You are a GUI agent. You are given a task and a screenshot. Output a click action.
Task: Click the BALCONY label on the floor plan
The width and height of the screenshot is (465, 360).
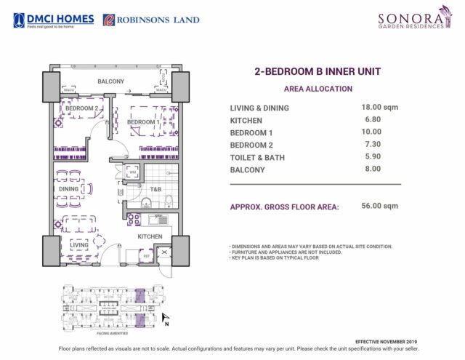click(110, 81)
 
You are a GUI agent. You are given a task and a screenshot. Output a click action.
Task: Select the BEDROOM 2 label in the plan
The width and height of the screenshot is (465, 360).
click(81, 109)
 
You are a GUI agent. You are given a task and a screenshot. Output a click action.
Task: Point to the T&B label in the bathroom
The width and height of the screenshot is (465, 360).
click(155, 189)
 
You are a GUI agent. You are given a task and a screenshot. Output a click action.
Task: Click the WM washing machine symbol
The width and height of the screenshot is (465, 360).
click(133, 172)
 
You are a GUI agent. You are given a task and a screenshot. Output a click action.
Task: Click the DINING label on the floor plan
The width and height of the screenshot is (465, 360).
click(68, 189)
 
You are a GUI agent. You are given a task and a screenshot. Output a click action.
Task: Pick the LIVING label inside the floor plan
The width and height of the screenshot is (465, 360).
click(78, 246)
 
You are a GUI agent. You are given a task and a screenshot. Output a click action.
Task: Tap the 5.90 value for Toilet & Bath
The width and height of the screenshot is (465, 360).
click(372, 156)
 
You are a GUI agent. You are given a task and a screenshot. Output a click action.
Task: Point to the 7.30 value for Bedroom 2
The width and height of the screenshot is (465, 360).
click(372, 144)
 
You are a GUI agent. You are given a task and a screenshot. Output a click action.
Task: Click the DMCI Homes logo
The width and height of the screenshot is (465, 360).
click(54, 19)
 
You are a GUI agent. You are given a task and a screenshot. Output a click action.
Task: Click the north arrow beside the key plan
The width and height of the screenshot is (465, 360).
click(165, 317)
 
